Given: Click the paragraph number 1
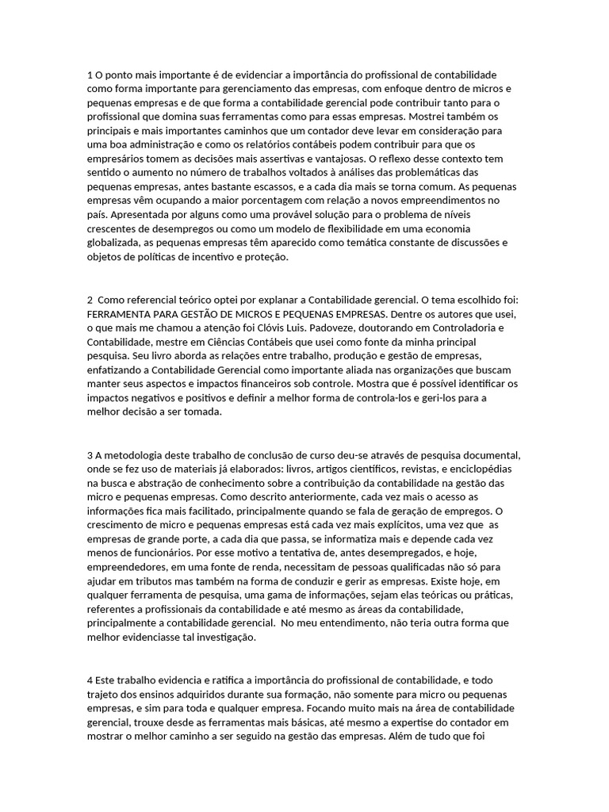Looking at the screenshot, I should [x=90, y=75].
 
